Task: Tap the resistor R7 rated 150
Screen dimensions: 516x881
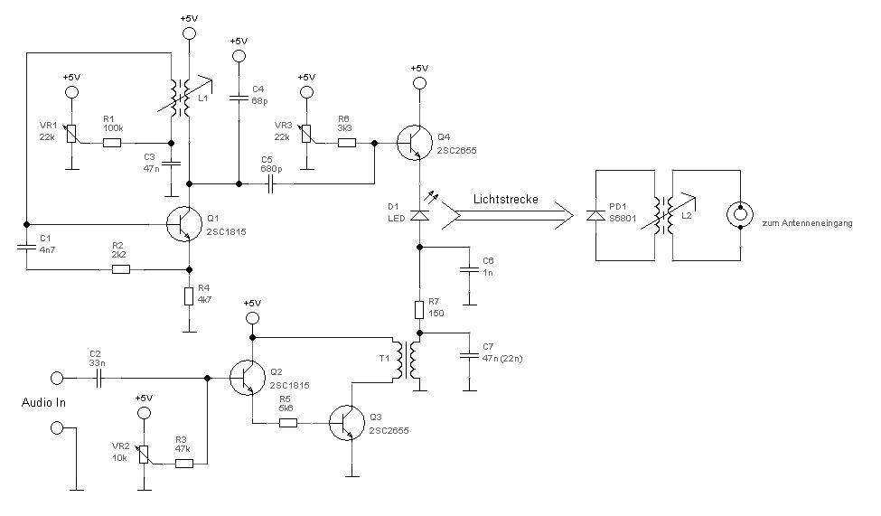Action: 418,310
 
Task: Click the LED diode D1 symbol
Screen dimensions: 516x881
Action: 418,214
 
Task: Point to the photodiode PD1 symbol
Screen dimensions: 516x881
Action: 595,215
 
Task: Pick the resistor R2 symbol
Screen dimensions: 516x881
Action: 120,268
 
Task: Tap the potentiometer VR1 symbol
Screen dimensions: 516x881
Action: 73,133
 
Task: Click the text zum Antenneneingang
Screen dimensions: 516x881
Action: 807,222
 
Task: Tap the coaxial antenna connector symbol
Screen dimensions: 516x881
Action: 739,215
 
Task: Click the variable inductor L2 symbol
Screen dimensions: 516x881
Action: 669,215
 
